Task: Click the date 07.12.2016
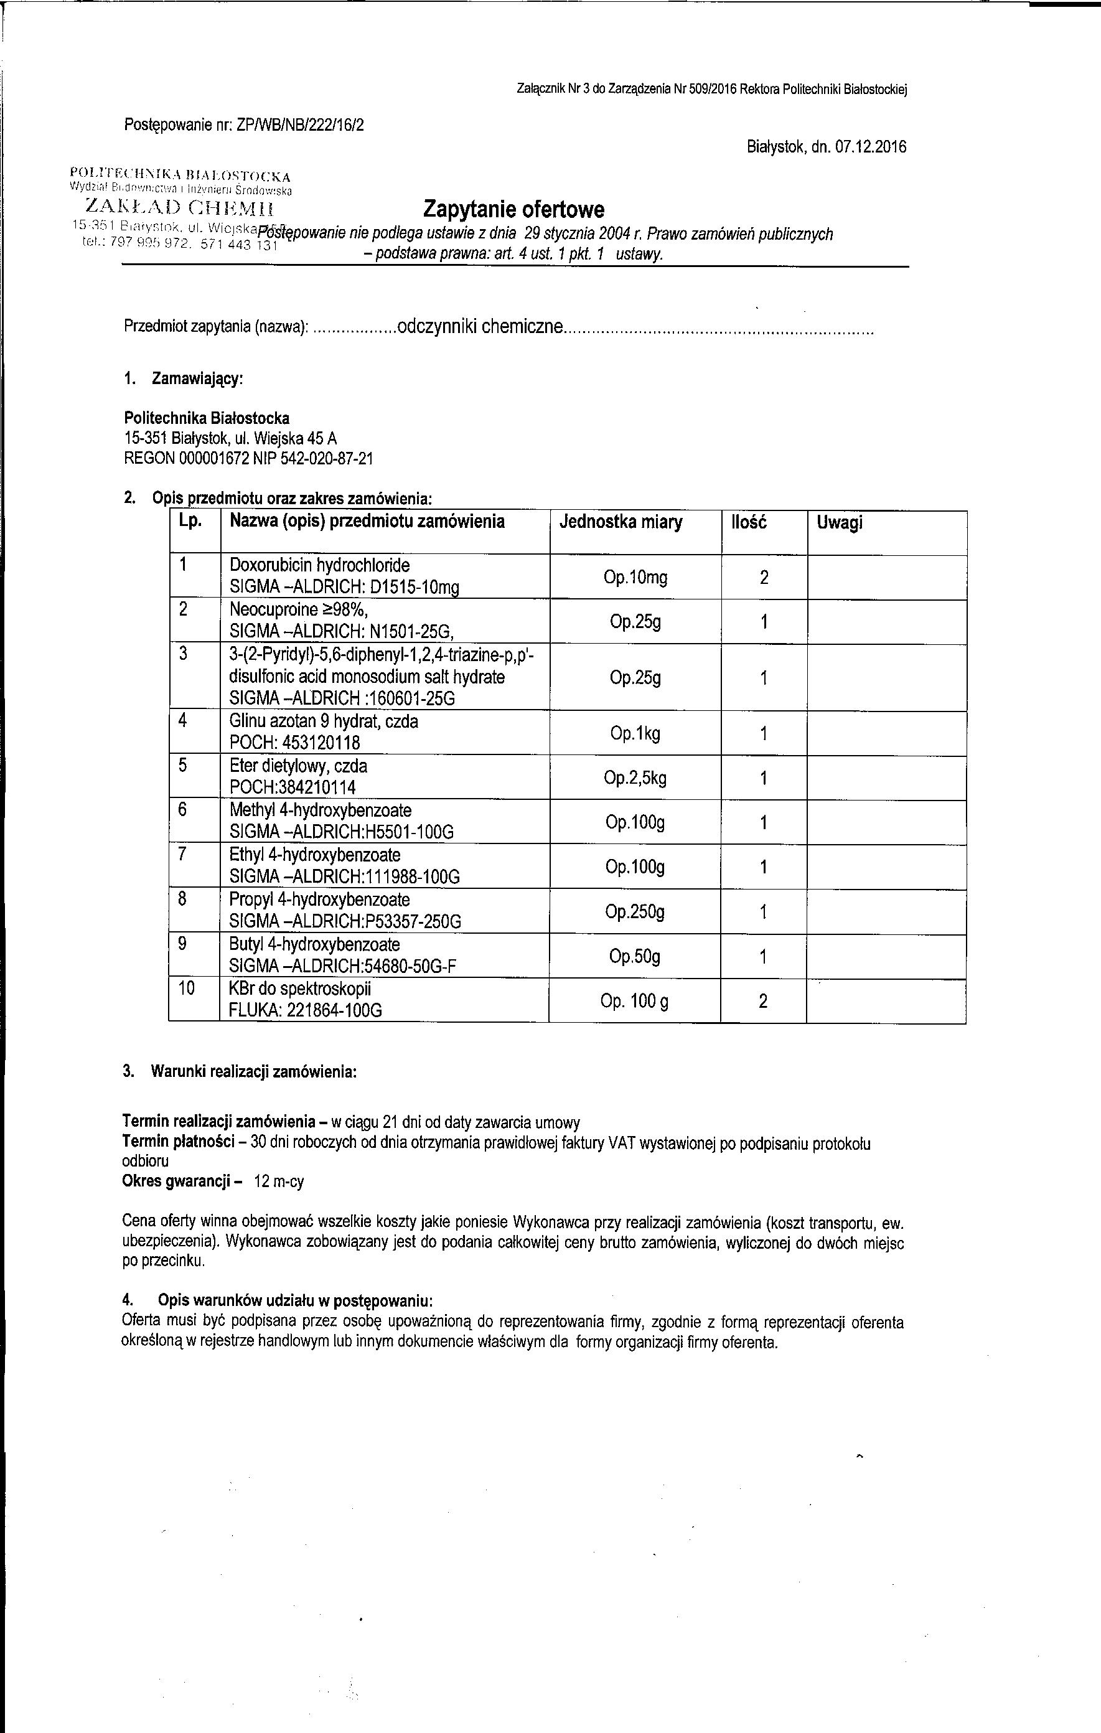(871, 148)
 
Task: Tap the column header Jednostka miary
(621, 522)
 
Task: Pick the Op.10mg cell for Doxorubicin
(635, 577)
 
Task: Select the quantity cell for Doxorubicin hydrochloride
(764, 577)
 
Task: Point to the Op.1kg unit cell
(635, 733)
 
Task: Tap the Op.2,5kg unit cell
(635, 778)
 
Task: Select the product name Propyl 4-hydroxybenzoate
(319, 899)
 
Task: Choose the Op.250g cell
(635, 912)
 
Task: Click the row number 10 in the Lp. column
(186, 988)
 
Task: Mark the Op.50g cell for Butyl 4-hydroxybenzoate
(635, 957)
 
